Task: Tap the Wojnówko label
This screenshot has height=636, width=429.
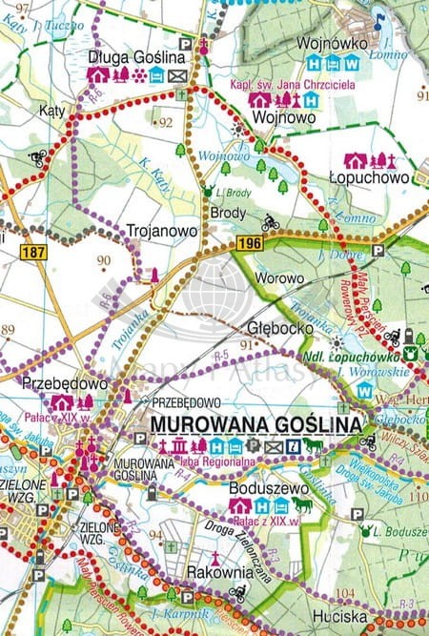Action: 327,44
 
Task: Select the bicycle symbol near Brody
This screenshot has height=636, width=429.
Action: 270,222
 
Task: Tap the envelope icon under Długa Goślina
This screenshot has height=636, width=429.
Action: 177,75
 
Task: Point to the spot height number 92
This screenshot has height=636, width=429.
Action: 167,122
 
